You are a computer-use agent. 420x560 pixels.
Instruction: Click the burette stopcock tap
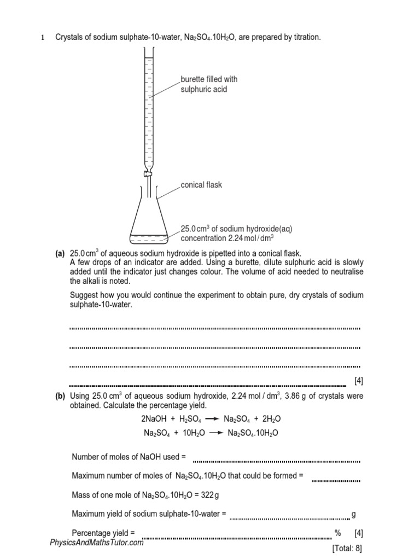(148, 174)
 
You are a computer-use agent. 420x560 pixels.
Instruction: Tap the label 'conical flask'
(201, 185)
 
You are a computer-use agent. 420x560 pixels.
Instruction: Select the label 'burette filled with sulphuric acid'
(209, 84)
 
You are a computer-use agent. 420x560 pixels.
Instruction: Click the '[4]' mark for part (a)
(358, 381)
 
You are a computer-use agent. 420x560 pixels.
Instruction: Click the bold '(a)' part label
(60, 253)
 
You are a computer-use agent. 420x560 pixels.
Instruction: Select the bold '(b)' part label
(60, 396)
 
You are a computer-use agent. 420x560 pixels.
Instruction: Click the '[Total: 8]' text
(347, 547)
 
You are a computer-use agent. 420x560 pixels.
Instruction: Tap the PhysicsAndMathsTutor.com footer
(96, 542)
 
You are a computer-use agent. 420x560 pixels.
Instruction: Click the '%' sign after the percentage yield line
(338, 533)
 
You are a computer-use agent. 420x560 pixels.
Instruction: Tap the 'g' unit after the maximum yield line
(354, 514)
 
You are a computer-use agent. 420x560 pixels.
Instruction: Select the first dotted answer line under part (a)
(214, 328)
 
